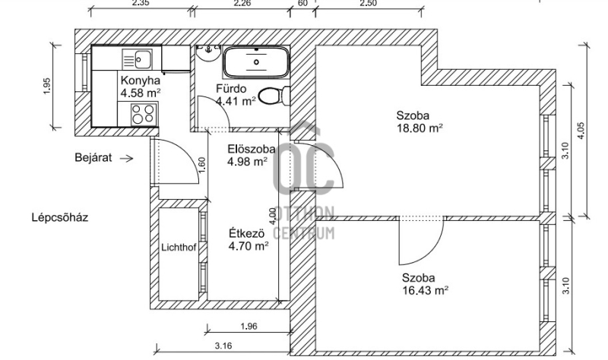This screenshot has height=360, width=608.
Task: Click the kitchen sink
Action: click(x=138, y=59)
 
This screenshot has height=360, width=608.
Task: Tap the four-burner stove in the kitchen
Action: click(x=143, y=114)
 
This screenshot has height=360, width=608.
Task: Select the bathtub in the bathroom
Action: click(x=256, y=62)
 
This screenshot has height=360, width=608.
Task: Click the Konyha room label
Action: click(x=140, y=81)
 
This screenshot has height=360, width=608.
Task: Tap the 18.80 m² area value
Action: click(x=420, y=128)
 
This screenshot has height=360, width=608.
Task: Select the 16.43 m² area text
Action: click(x=426, y=290)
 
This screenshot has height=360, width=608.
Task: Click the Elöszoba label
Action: click(x=252, y=149)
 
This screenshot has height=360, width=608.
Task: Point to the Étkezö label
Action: click(x=246, y=234)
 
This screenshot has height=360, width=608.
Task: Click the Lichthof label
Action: click(x=179, y=248)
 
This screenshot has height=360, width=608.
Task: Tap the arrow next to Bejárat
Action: click(x=127, y=158)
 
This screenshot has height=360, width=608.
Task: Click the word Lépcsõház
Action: click(x=60, y=217)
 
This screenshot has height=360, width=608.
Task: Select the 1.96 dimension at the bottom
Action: click(x=249, y=327)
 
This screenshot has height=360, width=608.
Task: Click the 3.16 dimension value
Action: click(x=223, y=346)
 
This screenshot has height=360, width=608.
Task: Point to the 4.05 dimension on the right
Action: click(x=581, y=131)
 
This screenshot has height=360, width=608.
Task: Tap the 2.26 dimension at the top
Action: click(x=242, y=4)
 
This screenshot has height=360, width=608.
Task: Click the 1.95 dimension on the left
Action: click(x=47, y=87)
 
